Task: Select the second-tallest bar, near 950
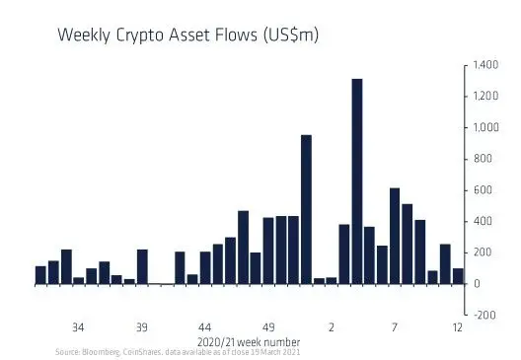point(306,209)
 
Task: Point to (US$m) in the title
point(288,36)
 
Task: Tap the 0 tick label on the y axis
point(478,284)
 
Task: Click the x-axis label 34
point(78,326)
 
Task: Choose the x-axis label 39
point(141,326)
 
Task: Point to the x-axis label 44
point(204,326)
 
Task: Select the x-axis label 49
point(267,326)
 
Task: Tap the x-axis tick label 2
point(332,326)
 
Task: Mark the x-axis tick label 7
point(395,326)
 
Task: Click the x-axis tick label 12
point(458,326)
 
